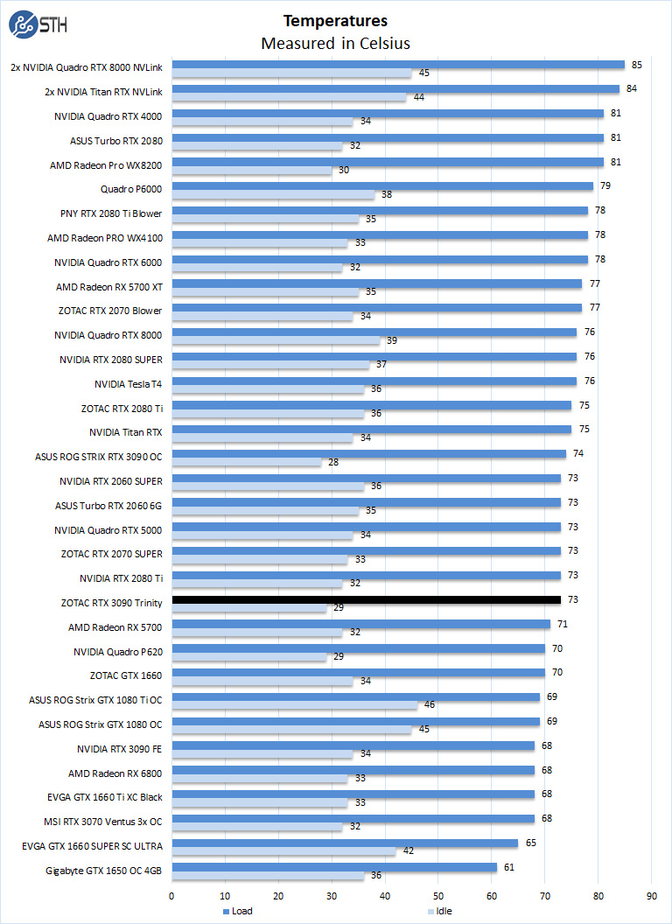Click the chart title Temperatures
335,20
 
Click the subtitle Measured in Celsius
335,43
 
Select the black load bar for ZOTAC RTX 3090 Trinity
366,599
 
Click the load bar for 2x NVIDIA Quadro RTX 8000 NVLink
398,64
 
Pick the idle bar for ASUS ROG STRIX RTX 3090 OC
247,461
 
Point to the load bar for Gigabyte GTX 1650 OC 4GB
334,867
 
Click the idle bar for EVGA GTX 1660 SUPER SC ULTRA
283,852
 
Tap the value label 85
637,64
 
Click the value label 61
508,867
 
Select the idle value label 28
333,461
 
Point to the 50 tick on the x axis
438,895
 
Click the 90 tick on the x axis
652,895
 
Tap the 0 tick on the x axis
172,895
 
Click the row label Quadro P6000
131,188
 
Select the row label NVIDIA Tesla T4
128,383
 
